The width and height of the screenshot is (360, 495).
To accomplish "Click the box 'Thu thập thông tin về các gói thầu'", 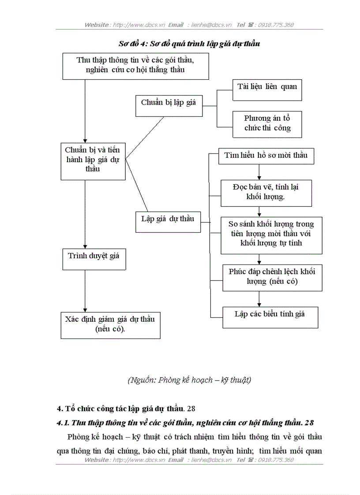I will [x=135, y=66].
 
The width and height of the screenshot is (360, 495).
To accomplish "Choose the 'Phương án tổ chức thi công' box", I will [x=267, y=124].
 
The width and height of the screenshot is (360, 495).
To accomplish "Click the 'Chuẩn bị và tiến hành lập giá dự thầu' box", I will [x=93, y=160].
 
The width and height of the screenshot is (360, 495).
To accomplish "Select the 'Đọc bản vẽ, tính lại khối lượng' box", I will [x=266, y=193].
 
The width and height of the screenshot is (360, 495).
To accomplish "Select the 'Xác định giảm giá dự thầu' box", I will [x=110, y=325].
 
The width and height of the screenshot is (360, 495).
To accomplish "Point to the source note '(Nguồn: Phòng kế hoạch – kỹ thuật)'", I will [x=189, y=380].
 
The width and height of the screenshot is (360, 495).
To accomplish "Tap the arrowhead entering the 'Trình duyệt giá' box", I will [x=85, y=246].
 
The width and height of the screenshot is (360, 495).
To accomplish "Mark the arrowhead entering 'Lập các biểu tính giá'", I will [x=259, y=304].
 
